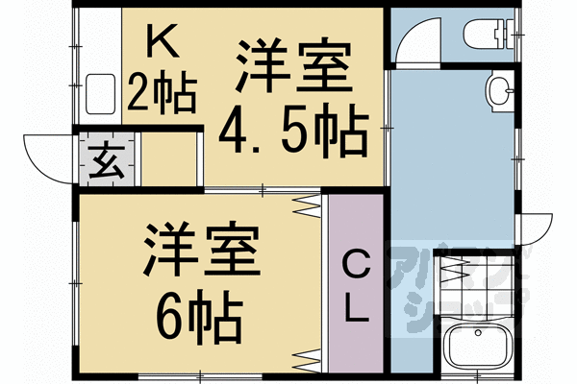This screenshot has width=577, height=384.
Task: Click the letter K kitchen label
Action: click(x=163, y=40)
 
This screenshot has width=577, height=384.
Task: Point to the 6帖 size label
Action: click(x=199, y=317)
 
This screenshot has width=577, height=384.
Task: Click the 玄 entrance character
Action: click(x=107, y=160)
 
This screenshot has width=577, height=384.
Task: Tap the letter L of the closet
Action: click(x=356, y=307)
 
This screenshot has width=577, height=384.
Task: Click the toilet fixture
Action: click(x=488, y=35)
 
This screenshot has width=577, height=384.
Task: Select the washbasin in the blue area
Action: click(x=500, y=92)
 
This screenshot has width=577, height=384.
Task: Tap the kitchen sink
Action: click(x=100, y=94)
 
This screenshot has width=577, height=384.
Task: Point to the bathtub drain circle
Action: click(x=478, y=333)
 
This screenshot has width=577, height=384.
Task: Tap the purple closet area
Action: click(x=356, y=283)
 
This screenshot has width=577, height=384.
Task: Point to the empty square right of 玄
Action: click(x=169, y=158)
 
